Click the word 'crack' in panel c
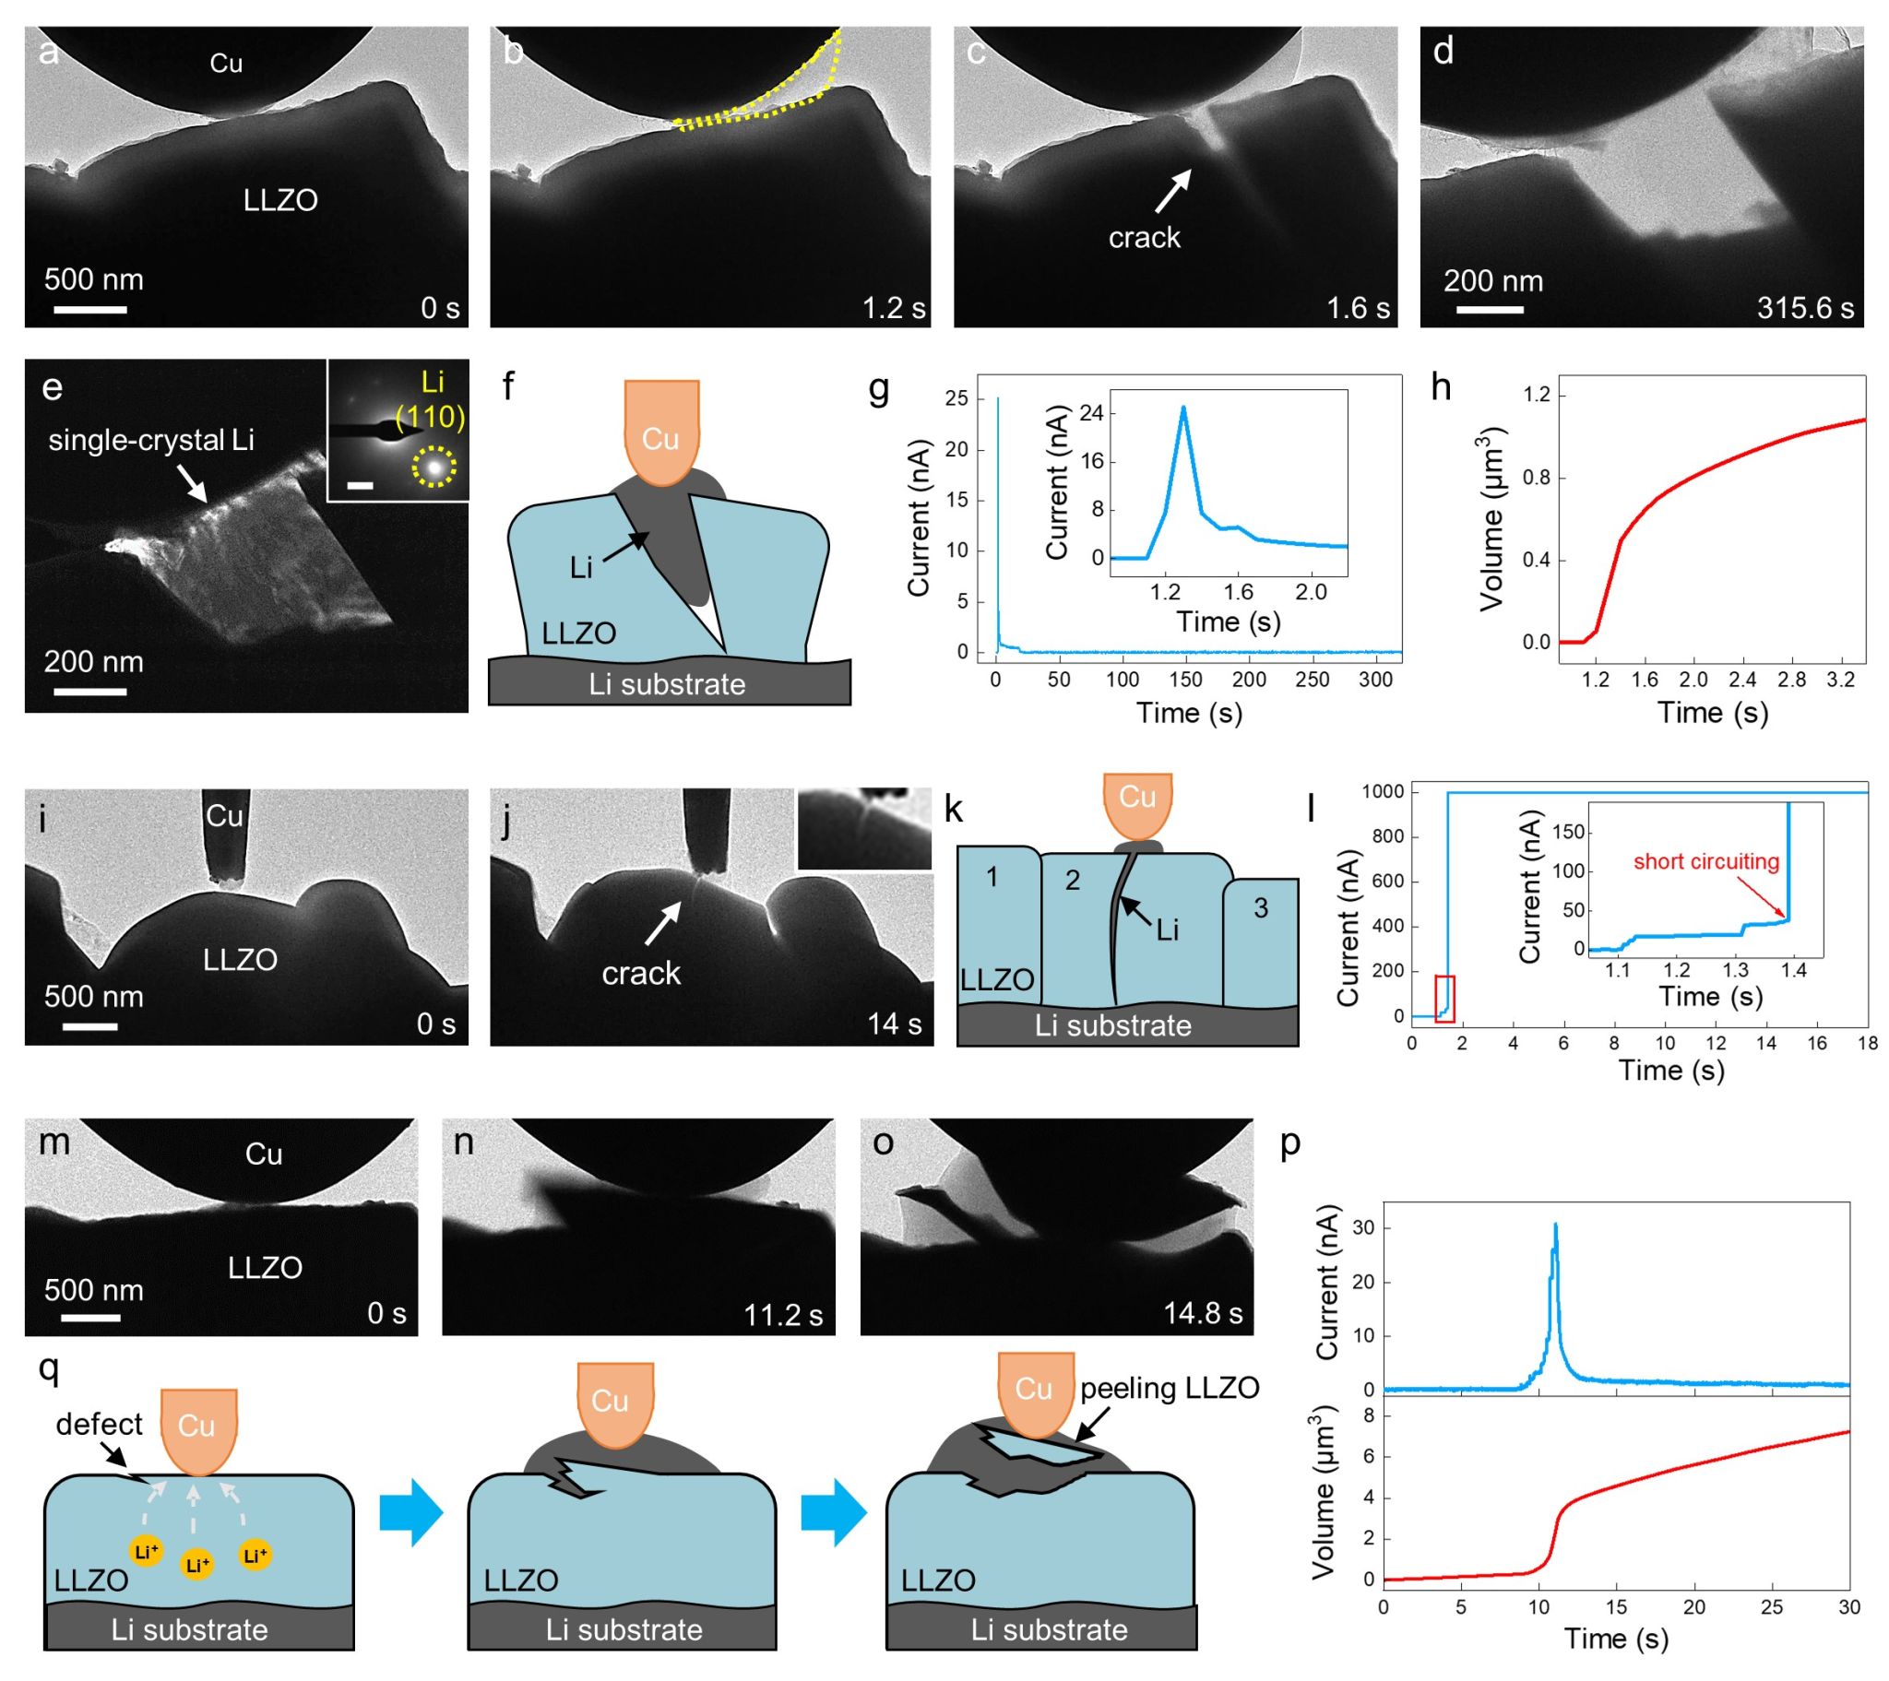click(1144, 238)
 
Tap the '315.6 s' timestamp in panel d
click(1805, 308)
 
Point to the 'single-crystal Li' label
click(150, 440)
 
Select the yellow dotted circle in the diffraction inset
click(434, 467)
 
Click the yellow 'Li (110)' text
click(431, 399)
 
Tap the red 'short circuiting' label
click(1706, 861)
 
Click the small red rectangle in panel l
click(1444, 998)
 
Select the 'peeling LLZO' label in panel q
click(1169, 1388)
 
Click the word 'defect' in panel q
click(99, 1424)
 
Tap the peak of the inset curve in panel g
click(1183, 408)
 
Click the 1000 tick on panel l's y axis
click(1383, 791)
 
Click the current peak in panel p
click(1555, 1225)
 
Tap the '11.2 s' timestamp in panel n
click(783, 1314)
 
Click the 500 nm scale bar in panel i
click(89, 1026)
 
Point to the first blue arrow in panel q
click(411, 1512)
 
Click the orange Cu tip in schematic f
click(660, 432)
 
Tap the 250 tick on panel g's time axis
click(1312, 680)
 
